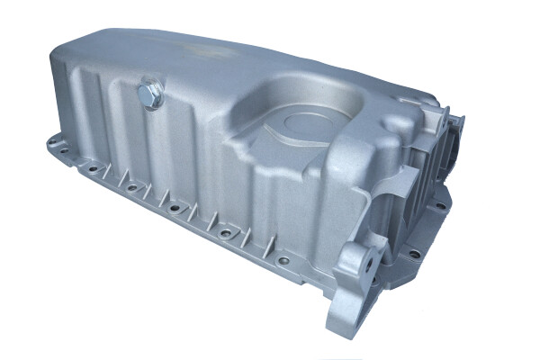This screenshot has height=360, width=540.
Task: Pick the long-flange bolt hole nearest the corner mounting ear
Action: (x=284, y=261)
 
